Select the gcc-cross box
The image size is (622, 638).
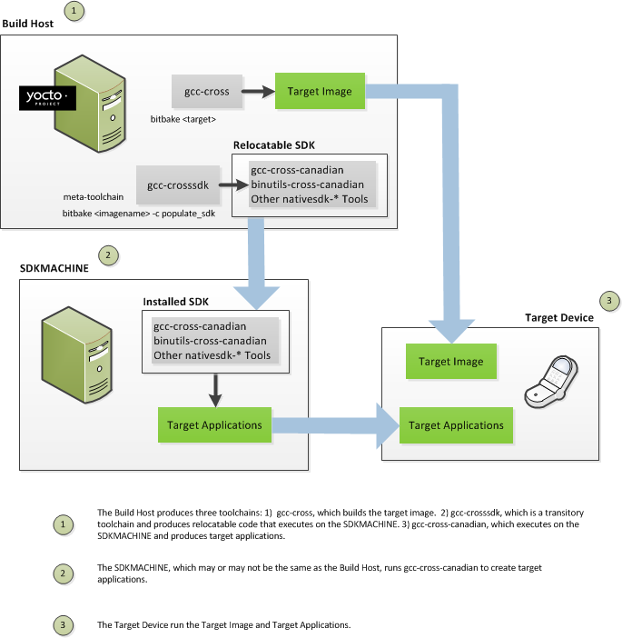[x=208, y=91]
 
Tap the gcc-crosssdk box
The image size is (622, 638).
[x=178, y=185]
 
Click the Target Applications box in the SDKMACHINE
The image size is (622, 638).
[x=215, y=424]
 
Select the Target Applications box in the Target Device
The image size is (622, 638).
[x=456, y=425]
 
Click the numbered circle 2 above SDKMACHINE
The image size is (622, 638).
[x=108, y=255]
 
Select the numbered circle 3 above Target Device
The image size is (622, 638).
[x=609, y=300]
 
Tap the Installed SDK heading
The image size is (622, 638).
[x=178, y=301]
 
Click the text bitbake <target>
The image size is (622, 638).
[x=183, y=119]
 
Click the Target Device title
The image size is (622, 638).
[x=559, y=317]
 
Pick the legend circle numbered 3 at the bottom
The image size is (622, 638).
[x=62, y=625]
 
